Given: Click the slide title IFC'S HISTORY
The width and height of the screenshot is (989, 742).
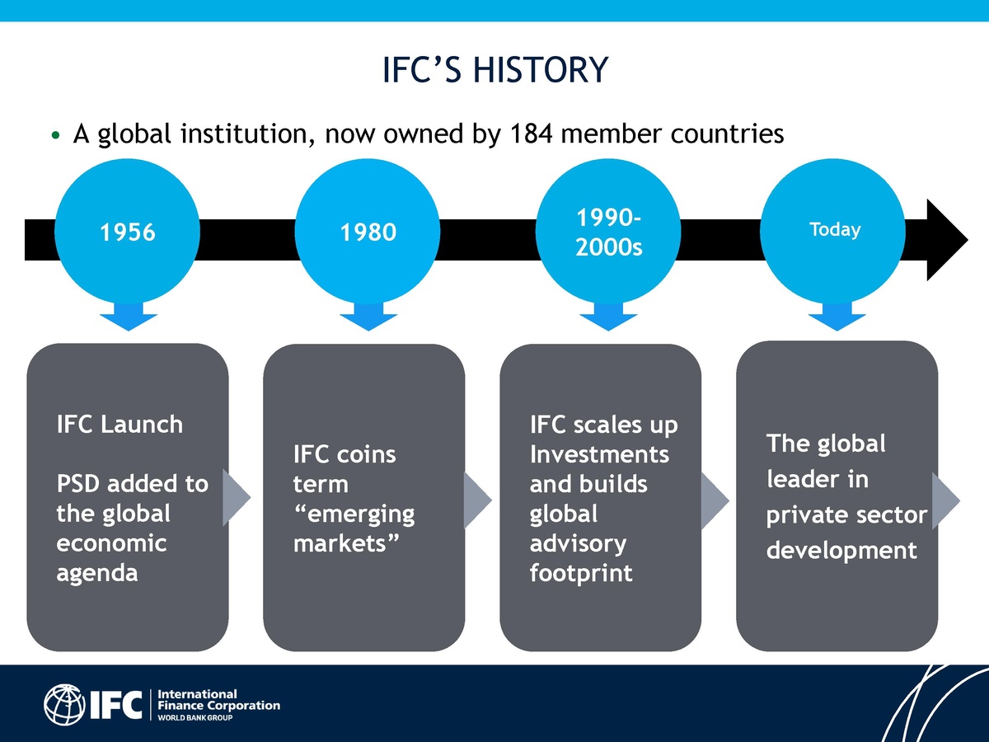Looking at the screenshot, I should point(494,70).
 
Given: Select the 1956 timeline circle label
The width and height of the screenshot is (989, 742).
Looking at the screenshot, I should point(127,233).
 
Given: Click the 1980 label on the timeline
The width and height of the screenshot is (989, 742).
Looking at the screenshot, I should point(368,233).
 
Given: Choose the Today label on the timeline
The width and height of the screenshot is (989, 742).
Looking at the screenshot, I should point(835,230).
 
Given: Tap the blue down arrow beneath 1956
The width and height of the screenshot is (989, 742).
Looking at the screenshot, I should point(127,317).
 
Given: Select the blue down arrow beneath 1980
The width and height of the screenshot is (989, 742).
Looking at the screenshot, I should point(368,317).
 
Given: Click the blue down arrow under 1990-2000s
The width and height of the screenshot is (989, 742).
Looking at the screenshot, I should point(608,317).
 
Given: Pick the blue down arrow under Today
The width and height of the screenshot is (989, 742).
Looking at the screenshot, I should point(836,317).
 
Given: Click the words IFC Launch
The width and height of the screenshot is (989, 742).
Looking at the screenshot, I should point(120,425).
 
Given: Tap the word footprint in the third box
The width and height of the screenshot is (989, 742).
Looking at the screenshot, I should point(581,573).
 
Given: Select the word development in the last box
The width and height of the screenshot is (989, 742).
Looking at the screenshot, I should point(841,550).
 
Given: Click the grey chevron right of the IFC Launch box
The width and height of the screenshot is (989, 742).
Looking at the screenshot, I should point(236,500).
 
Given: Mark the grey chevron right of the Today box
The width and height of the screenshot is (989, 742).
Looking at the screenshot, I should point(945,500).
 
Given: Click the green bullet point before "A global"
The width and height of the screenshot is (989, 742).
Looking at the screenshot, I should point(55,134).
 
